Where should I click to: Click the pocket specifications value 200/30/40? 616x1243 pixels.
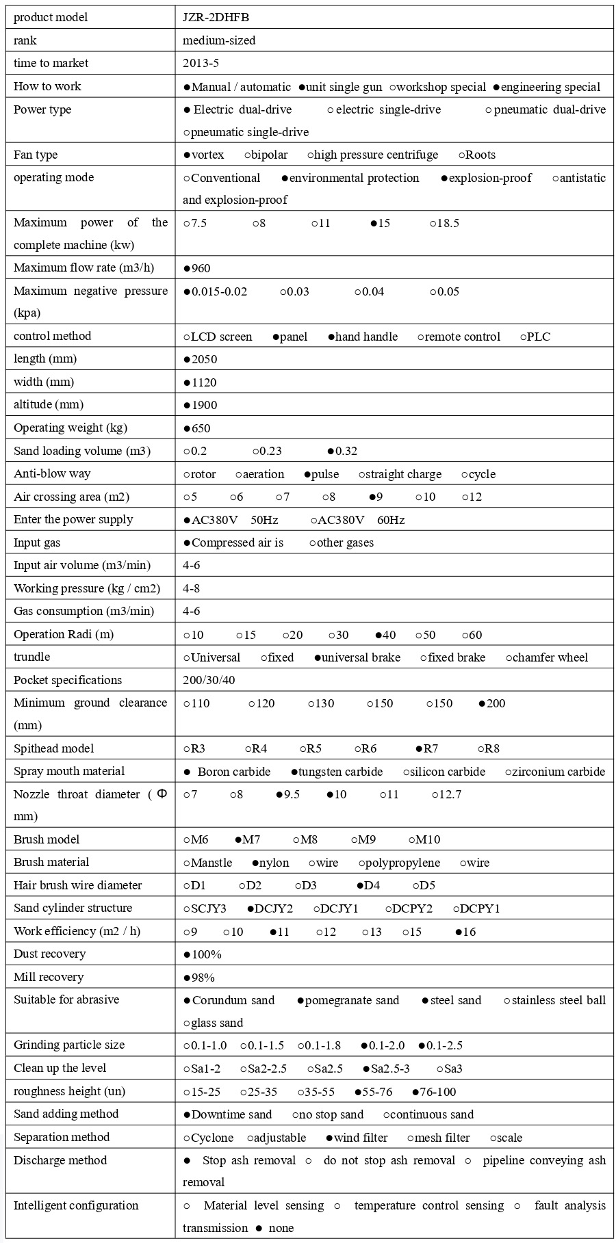tap(209, 681)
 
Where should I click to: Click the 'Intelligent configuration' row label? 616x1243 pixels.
tap(76, 1206)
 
